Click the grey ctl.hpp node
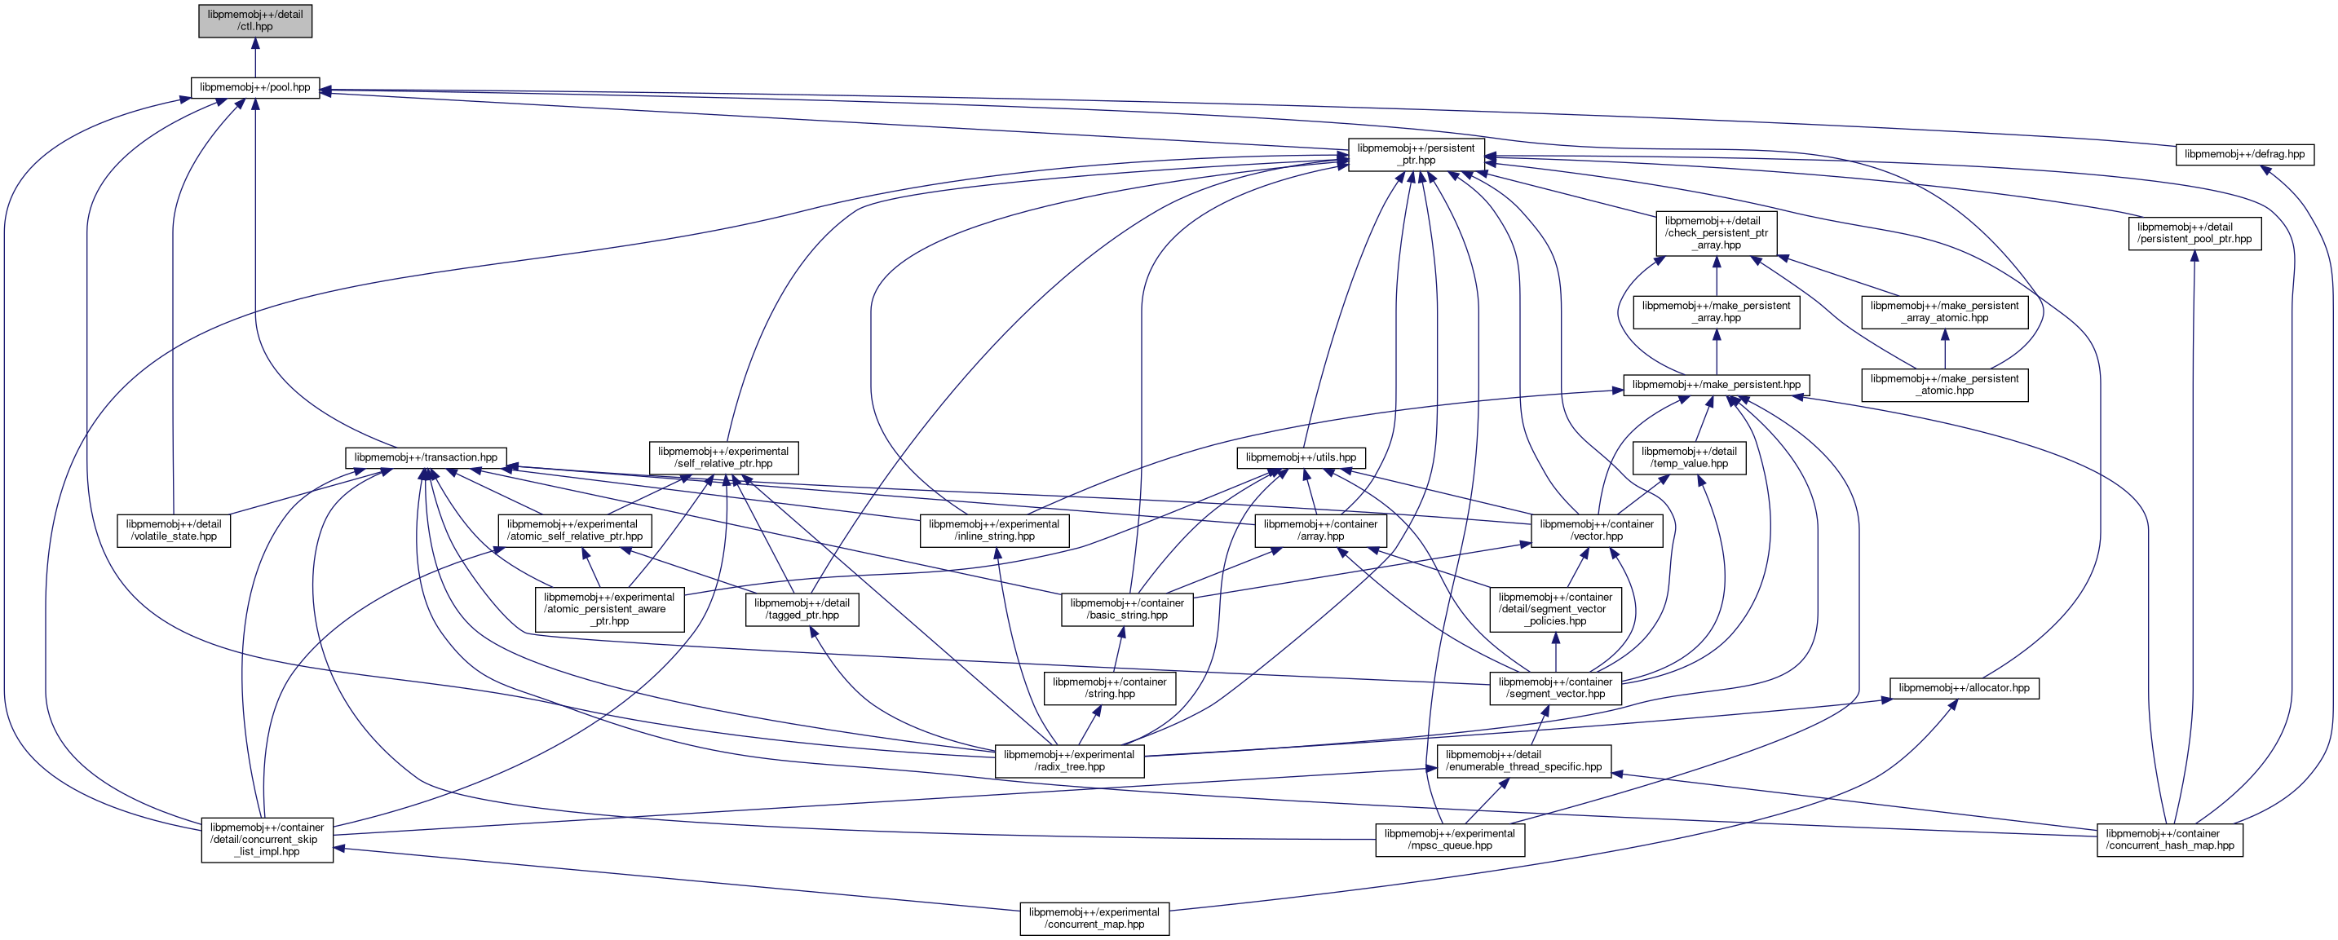255,21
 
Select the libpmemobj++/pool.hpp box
255,88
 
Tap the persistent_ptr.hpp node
1416,154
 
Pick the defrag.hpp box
2243,154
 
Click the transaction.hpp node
426,457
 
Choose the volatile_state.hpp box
174,530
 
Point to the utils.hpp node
1301,457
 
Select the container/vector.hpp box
1597,530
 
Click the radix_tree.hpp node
1068,761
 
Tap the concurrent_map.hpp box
1094,918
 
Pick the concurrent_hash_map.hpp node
2169,839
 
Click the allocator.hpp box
1963,688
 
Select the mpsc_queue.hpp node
1449,839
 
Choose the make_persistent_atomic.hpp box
1944,385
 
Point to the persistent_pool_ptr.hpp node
2194,233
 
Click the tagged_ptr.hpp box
802,609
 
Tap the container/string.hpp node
1109,688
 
